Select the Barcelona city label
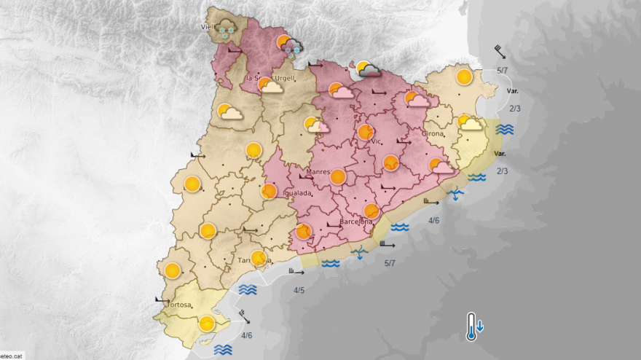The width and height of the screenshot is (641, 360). pos(356,222)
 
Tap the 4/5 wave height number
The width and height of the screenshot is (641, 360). pos(299,291)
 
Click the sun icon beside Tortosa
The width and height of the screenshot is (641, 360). pos(207,323)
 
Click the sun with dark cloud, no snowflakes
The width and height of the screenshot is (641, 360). pos(367,69)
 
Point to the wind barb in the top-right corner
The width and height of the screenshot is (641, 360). pos(499,51)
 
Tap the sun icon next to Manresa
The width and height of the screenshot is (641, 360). pos(337,176)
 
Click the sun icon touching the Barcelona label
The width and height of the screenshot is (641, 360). pos(371,211)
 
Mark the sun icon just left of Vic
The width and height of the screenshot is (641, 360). pos(365,132)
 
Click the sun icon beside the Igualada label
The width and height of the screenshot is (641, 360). pos(269,191)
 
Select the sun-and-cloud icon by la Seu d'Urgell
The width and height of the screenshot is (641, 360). pos(270,85)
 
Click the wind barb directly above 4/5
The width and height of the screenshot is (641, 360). pos(296,272)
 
